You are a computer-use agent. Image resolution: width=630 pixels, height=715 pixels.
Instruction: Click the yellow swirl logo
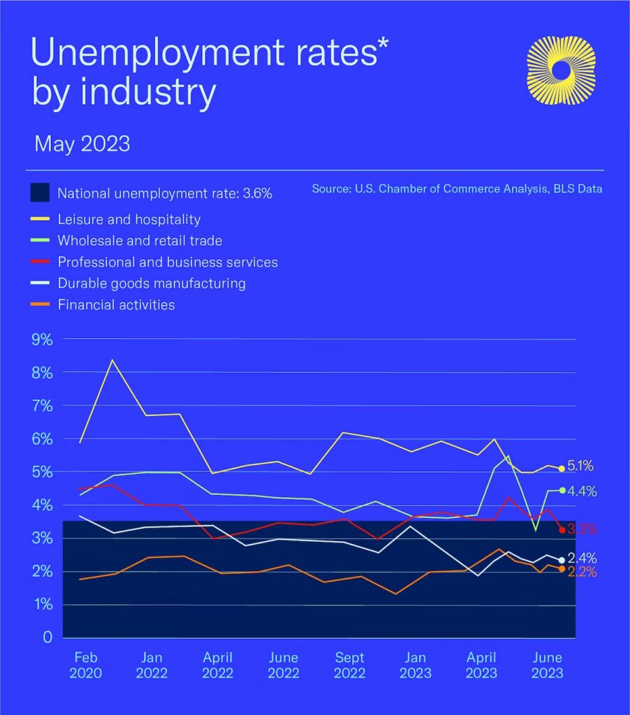coord(559,70)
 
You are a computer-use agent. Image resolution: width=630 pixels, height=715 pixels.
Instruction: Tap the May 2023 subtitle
coord(82,144)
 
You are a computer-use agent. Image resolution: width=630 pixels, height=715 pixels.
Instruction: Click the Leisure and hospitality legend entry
coord(129,219)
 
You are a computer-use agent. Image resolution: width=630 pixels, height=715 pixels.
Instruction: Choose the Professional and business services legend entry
coord(168,263)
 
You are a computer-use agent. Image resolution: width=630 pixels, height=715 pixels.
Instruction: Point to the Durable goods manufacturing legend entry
coord(152,283)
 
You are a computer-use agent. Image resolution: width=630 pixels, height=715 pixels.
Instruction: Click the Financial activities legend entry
coord(116,305)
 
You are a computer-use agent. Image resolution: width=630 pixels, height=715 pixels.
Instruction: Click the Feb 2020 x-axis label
coord(86,665)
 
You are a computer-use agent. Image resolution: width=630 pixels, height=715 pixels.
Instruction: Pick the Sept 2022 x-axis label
coord(349,665)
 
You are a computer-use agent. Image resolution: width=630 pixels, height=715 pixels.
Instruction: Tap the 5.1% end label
coord(581,466)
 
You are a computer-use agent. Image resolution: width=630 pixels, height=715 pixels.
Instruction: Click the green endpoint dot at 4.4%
coord(562,490)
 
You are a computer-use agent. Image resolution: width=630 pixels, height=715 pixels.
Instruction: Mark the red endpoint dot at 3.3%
coord(562,530)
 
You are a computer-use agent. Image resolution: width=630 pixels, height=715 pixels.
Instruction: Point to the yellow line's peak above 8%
coord(112,360)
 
